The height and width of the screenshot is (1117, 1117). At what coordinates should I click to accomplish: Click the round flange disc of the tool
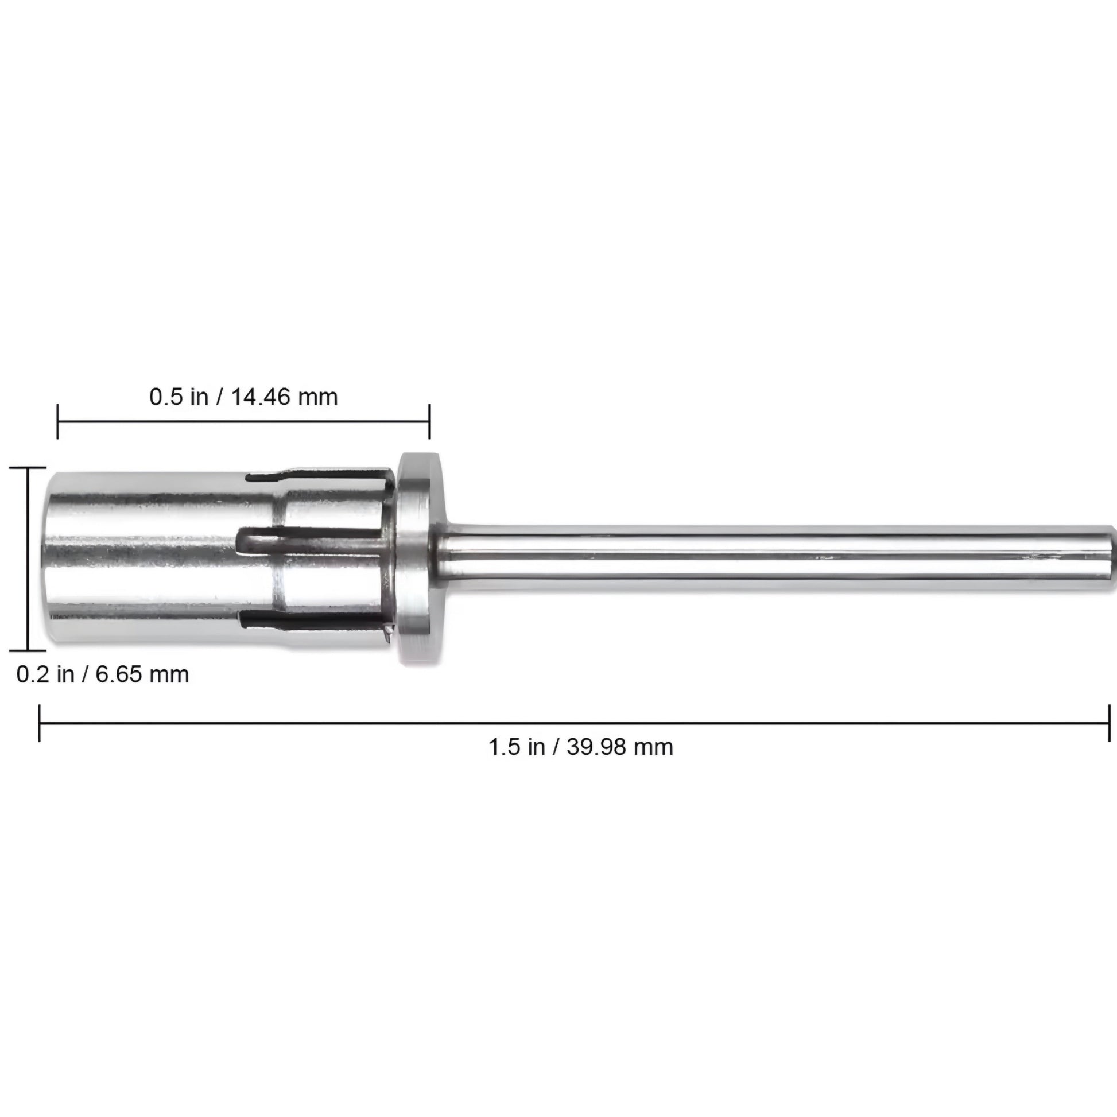(420, 558)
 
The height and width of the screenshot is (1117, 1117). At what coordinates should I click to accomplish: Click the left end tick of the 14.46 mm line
(57, 421)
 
